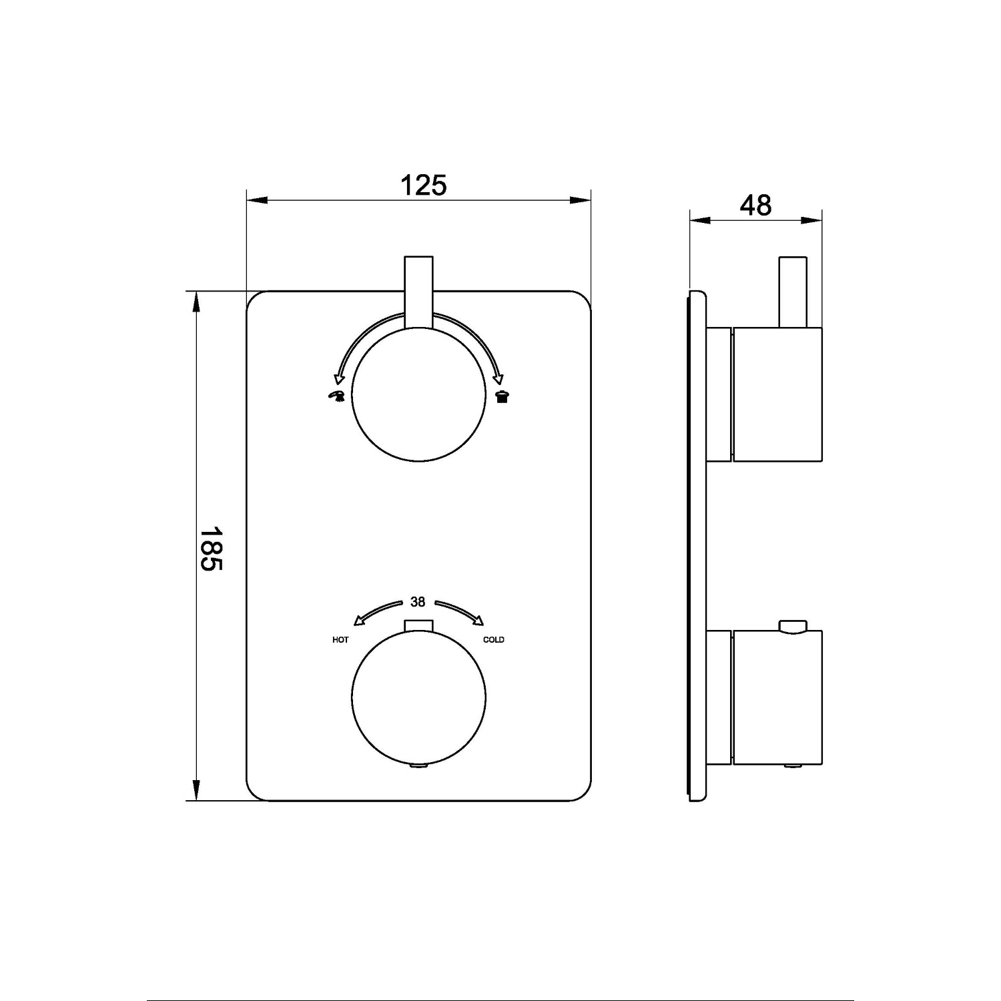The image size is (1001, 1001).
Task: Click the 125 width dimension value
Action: tap(423, 185)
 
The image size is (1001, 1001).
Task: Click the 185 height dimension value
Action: tap(212, 549)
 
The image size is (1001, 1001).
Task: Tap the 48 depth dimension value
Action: tap(755, 206)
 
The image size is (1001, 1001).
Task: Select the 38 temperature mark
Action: tap(418, 602)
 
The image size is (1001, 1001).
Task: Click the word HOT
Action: tap(340, 640)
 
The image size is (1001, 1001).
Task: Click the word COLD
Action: tap(494, 640)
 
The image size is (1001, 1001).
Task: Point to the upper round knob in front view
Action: tap(418, 394)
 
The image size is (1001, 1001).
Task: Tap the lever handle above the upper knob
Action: tap(418, 292)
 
